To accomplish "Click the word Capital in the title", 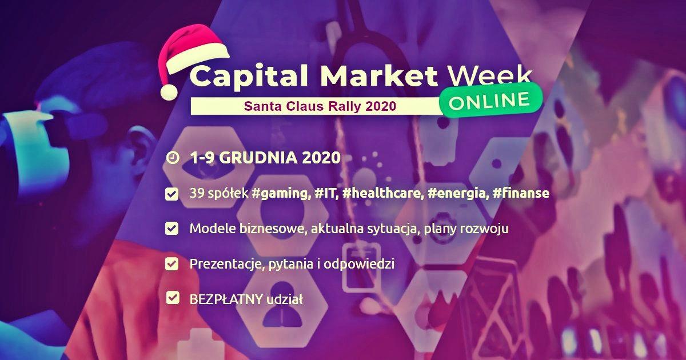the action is pyautogui.click(x=249, y=77).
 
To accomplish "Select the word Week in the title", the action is pyautogui.click(x=490, y=75).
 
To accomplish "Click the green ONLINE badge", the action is pyautogui.click(x=490, y=101).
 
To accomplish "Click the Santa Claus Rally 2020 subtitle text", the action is pyautogui.click(x=320, y=106).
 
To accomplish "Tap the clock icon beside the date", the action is pyautogui.click(x=173, y=158).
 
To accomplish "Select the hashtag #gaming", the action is pyautogui.click(x=280, y=194).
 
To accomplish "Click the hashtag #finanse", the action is pyautogui.click(x=521, y=193).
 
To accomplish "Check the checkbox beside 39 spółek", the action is pyautogui.click(x=172, y=194).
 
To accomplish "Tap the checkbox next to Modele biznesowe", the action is pyautogui.click(x=172, y=229).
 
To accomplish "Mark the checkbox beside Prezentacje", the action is pyautogui.click(x=172, y=263).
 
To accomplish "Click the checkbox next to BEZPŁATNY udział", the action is pyautogui.click(x=173, y=298).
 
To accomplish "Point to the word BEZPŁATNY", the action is pyautogui.click(x=226, y=299).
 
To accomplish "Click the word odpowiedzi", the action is pyautogui.click(x=359, y=264).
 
